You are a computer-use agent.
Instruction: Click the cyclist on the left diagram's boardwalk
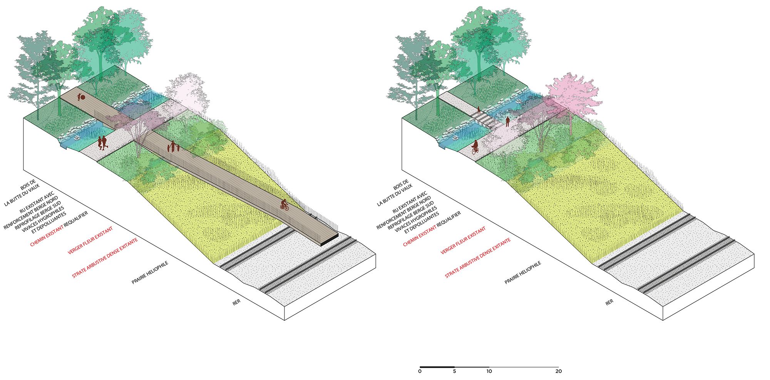pyautogui.click(x=284, y=205)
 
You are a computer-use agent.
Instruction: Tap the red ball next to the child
pyautogui.click(x=83, y=98)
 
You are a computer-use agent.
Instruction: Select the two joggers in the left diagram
pyautogui.click(x=102, y=142)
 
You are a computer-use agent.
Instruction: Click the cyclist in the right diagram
pyautogui.click(x=475, y=147)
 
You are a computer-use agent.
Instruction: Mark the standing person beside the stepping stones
pyautogui.click(x=507, y=122)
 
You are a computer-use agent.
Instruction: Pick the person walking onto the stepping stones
pyautogui.click(x=479, y=110)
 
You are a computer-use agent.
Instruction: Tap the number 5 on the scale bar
pyautogui.click(x=454, y=371)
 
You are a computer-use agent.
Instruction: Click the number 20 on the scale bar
pyautogui.click(x=558, y=371)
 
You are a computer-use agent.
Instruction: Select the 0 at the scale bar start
pyautogui.click(x=420, y=371)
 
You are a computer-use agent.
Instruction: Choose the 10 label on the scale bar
pyautogui.click(x=489, y=371)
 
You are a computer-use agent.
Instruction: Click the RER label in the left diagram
pyautogui.click(x=236, y=302)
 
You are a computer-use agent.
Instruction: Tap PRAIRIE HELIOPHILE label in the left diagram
pyautogui.click(x=150, y=273)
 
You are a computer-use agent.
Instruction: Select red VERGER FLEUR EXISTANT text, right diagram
pyautogui.click(x=463, y=240)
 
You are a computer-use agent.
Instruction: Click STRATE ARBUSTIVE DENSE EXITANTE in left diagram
pyautogui.click(x=105, y=258)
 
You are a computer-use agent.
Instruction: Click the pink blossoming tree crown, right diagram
pyautogui.click(x=572, y=92)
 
